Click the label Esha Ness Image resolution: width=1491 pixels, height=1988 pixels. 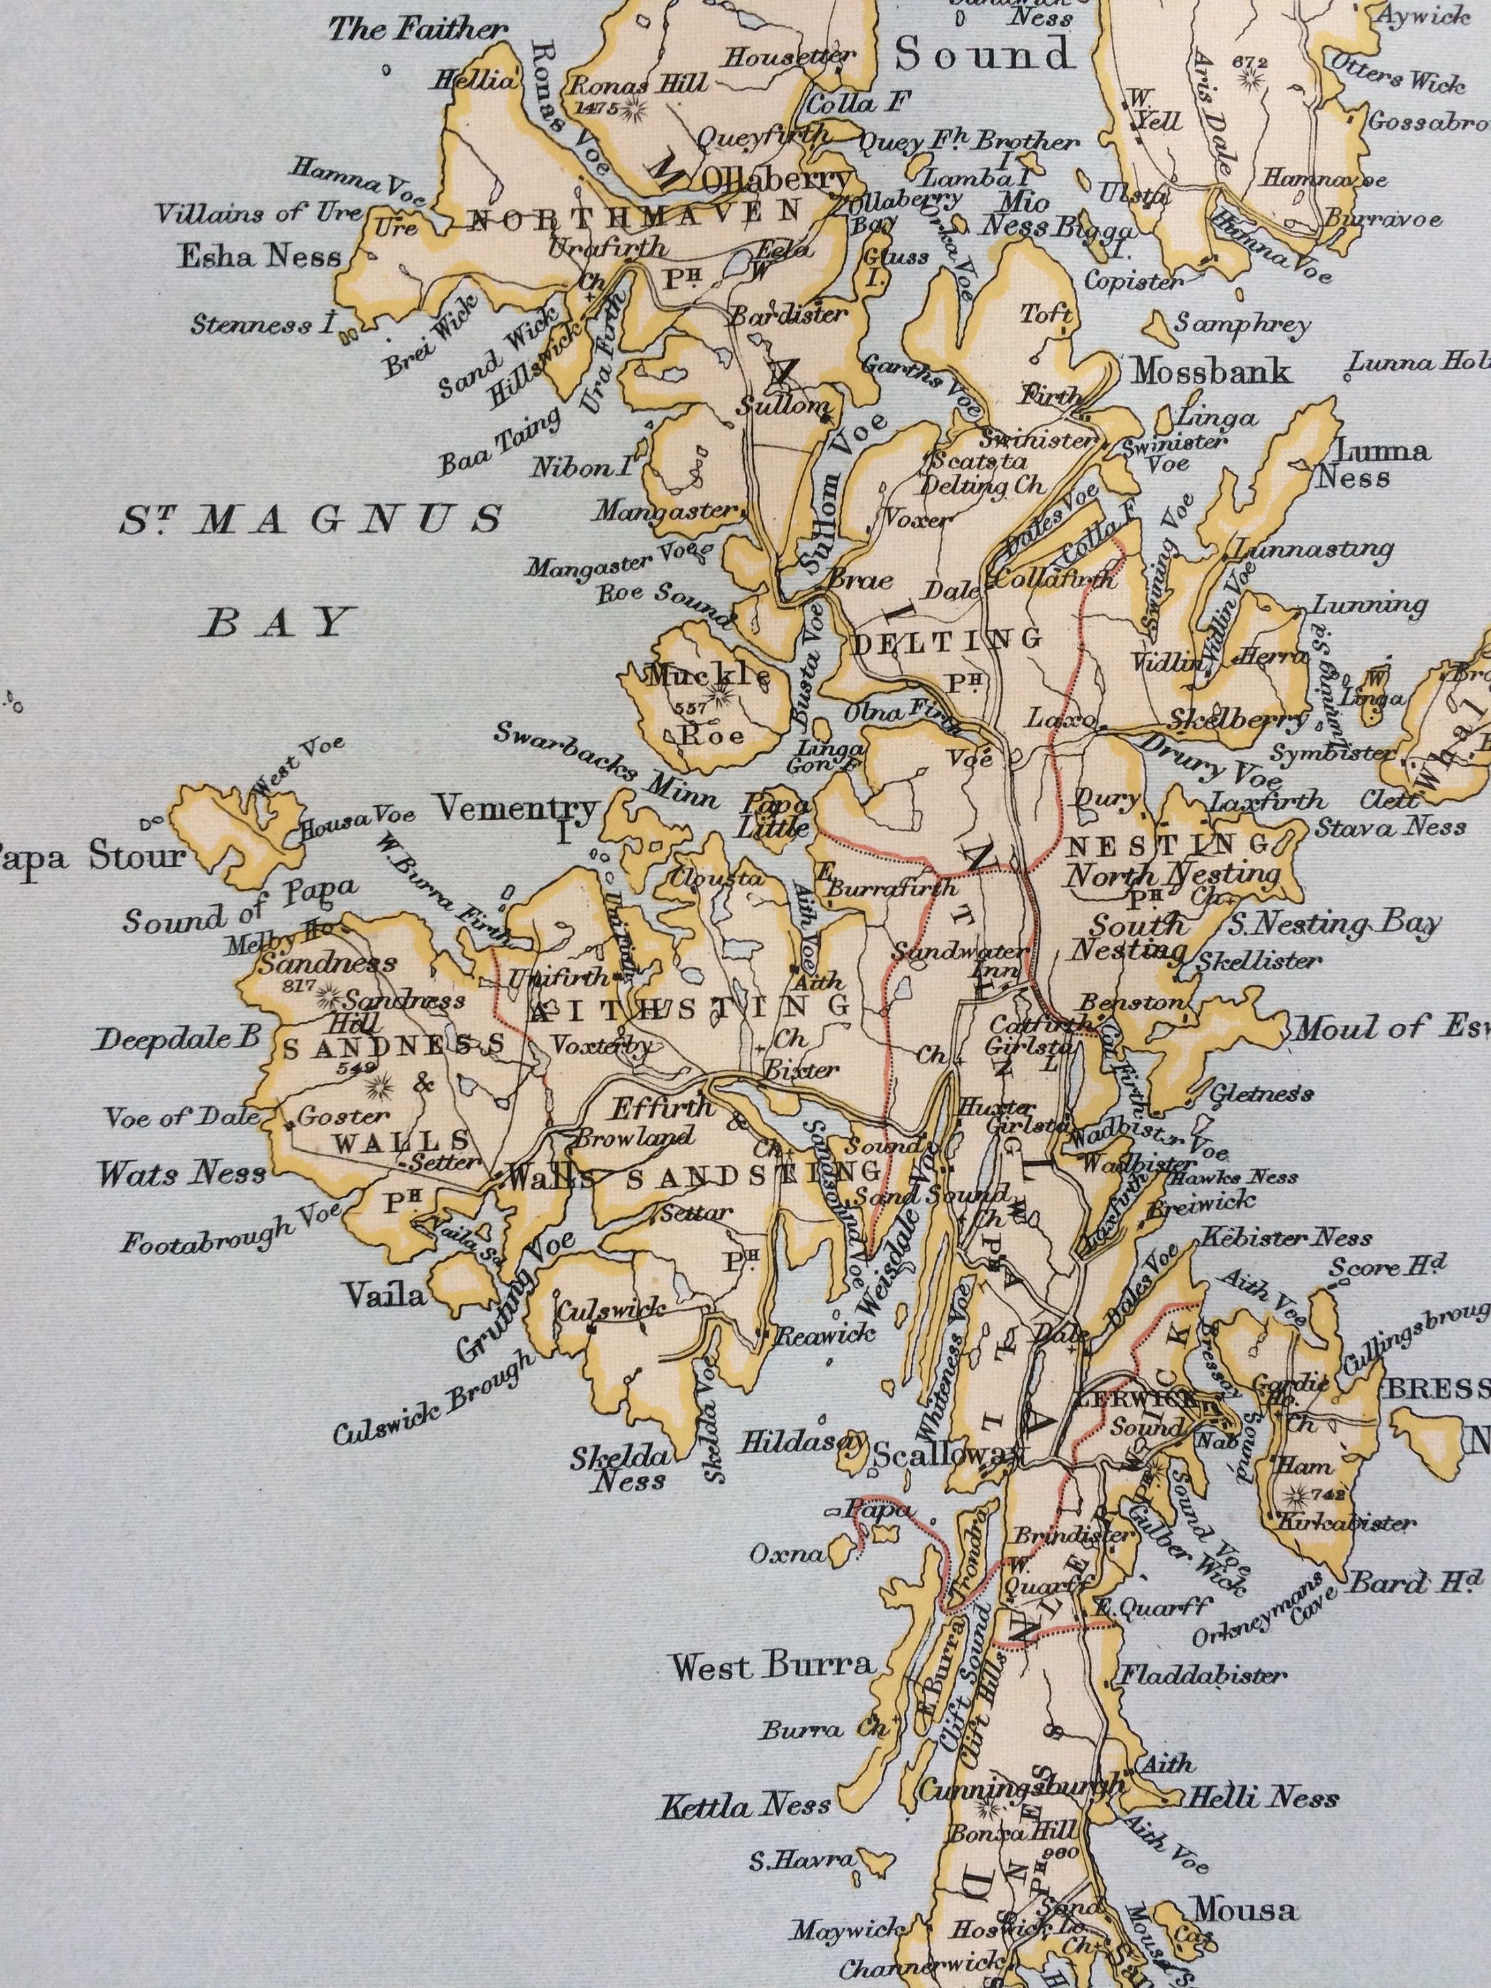[260, 257]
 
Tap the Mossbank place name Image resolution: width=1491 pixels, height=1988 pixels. [1211, 371]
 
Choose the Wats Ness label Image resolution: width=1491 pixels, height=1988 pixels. [182, 1173]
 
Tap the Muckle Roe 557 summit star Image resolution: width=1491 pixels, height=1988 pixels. [719, 693]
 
